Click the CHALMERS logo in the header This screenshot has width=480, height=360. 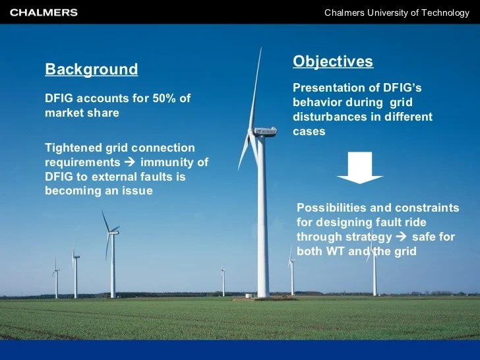pyautogui.click(x=44, y=13)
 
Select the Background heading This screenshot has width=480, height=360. pyautogui.click(x=91, y=70)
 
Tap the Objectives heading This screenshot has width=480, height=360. pyautogui.click(x=333, y=62)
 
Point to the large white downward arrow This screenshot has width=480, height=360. pyautogui.click(x=360, y=168)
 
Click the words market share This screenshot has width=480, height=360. pyautogui.click(x=82, y=113)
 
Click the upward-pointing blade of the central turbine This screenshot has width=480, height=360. pyautogui.click(x=257, y=86)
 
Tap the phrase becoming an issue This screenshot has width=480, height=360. pyautogui.click(x=99, y=191)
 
